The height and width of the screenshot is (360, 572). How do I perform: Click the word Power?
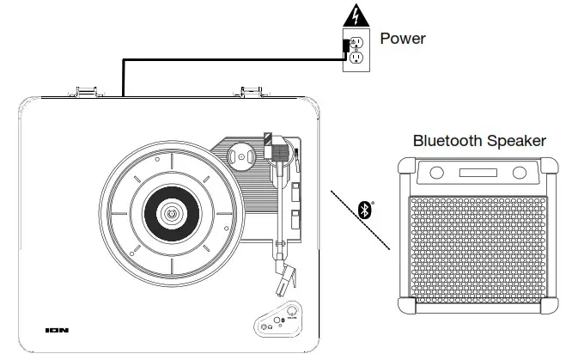click(x=403, y=39)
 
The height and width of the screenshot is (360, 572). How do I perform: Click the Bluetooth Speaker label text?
click(x=479, y=140)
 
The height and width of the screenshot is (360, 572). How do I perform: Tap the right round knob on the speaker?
click(x=520, y=173)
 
